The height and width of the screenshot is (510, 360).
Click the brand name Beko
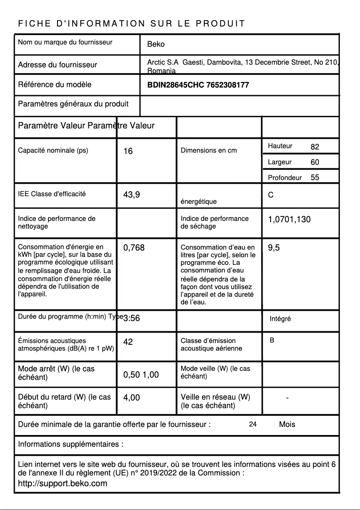(x=156, y=44)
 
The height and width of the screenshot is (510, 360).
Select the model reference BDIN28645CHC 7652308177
(x=198, y=85)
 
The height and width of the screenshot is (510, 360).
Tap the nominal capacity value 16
(x=128, y=151)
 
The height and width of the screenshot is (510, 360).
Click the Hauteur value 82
(x=315, y=147)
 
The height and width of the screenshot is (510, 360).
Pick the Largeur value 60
(x=315, y=162)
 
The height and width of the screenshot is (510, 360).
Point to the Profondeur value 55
(x=315, y=177)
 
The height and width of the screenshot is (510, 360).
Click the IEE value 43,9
(x=132, y=195)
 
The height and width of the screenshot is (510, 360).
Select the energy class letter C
(x=271, y=195)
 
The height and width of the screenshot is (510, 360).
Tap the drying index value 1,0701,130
(x=289, y=220)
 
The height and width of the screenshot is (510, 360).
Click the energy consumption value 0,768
(x=134, y=247)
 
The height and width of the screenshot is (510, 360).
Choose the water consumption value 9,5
(x=274, y=247)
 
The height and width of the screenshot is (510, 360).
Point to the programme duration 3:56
(x=132, y=318)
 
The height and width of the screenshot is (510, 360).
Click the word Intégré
(x=280, y=319)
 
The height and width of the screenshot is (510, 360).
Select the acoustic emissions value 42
(x=128, y=342)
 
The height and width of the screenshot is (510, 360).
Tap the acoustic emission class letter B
(x=272, y=341)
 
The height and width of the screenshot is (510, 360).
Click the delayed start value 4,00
(x=132, y=397)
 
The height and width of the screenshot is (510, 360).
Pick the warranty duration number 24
(x=253, y=424)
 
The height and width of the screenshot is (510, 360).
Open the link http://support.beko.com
(x=62, y=484)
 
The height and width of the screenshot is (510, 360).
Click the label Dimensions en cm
(x=208, y=150)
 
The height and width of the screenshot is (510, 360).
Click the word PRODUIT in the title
(x=220, y=24)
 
